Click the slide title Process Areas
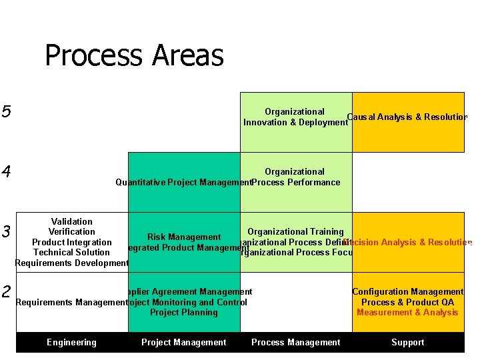pos(133,56)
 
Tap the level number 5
pos(7,111)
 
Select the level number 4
pos(7,172)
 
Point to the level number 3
pos(7,232)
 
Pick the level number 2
pos(7,292)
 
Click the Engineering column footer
pos(71,343)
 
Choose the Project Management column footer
pos(183,343)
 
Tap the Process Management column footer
pos(295,343)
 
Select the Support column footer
pos(407,343)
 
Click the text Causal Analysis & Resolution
pos(407,117)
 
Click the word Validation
pos(71,222)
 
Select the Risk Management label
pos(184,237)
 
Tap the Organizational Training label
pos(295,232)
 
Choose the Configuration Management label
pos(407,292)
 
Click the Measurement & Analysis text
pos(407,313)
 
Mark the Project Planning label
pos(183,313)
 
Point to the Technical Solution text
pos(71,253)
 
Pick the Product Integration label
pos(71,243)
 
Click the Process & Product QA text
pos(407,303)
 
